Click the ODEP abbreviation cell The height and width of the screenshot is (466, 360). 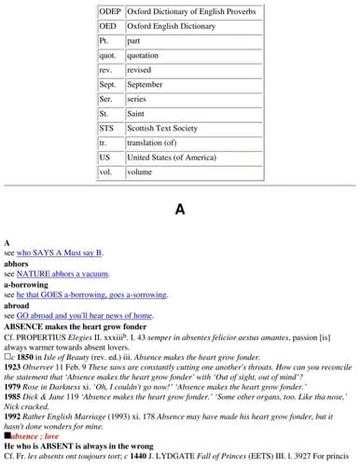[109, 10]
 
